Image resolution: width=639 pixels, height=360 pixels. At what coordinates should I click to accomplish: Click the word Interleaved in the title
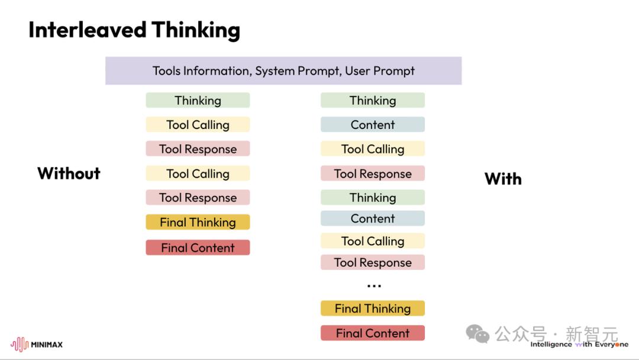[87, 30]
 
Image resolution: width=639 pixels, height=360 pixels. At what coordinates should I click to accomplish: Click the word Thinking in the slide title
[196, 31]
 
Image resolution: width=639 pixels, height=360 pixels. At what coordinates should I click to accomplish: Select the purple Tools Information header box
[283, 70]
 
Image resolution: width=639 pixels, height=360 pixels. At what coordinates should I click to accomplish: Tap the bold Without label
[69, 173]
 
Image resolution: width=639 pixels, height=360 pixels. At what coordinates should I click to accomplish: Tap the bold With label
[503, 179]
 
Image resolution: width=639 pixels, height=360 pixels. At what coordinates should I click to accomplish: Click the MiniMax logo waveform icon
[20, 344]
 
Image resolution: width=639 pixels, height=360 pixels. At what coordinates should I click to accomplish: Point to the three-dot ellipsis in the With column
[374, 286]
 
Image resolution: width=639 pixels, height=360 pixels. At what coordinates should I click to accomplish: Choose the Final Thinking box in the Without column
[198, 222]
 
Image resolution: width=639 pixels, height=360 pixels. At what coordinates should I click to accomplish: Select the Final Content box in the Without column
[198, 247]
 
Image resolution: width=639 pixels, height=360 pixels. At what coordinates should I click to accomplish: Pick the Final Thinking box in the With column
[373, 308]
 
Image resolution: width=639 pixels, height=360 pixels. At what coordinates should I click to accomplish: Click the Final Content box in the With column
[373, 333]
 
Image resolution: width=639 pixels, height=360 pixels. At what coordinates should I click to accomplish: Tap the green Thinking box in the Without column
[198, 100]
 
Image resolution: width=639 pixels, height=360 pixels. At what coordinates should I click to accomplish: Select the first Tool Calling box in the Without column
[198, 124]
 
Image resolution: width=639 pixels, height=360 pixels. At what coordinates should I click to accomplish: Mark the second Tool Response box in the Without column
[198, 197]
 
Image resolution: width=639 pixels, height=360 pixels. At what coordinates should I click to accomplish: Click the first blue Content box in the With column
[373, 124]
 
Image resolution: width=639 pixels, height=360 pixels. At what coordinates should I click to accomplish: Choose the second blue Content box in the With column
[373, 218]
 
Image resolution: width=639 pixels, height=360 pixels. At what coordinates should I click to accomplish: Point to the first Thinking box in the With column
[373, 100]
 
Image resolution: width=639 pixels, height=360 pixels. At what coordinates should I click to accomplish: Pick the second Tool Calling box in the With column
[373, 240]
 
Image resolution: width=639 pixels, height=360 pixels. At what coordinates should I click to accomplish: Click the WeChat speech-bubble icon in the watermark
[477, 334]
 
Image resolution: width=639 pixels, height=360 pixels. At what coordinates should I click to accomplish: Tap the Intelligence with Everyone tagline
[579, 345]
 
